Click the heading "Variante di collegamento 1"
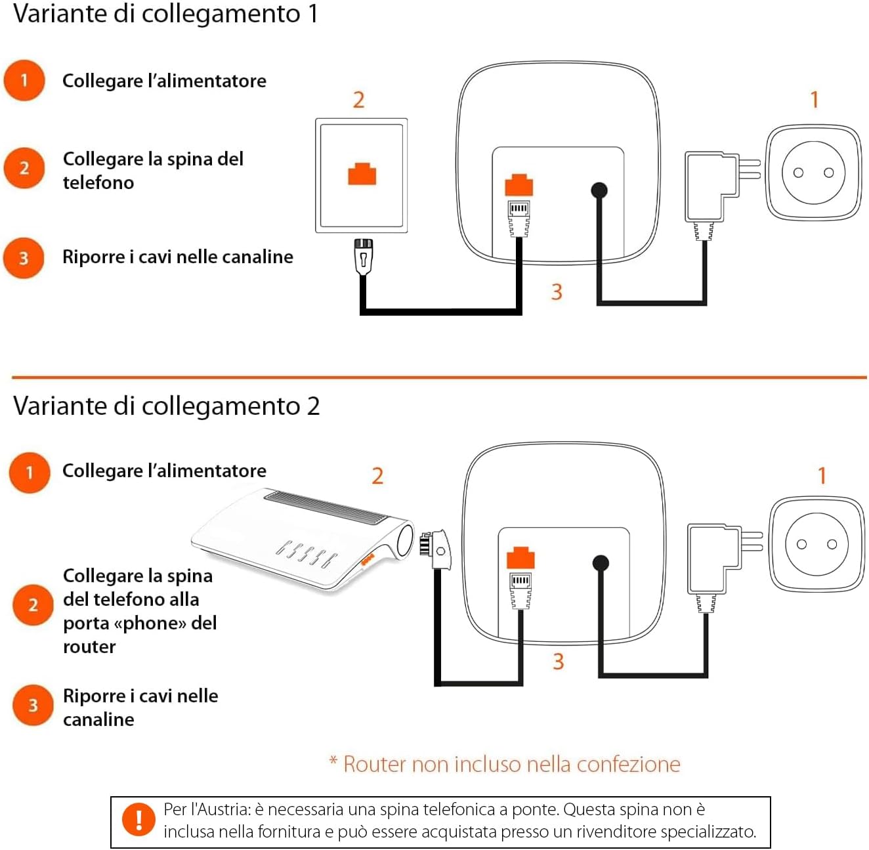tap(165, 14)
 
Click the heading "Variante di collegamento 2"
tap(166, 406)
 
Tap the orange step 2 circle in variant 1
tap(24, 168)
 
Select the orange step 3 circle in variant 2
tap(33, 706)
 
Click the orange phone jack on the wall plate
tap(362, 175)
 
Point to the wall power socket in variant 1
tap(813, 173)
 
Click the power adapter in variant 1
tap(711, 187)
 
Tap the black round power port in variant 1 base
tap(599, 190)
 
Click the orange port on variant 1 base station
tap(519, 185)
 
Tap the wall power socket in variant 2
tap(816, 544)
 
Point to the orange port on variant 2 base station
tap(520, 557)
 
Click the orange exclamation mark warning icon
tap(139, 820)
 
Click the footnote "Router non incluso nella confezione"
tap(505, 765)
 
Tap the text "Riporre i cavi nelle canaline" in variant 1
tap(177, 257)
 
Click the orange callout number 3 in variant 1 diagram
tap(557, 291)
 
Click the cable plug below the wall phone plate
tap(363, 256)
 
